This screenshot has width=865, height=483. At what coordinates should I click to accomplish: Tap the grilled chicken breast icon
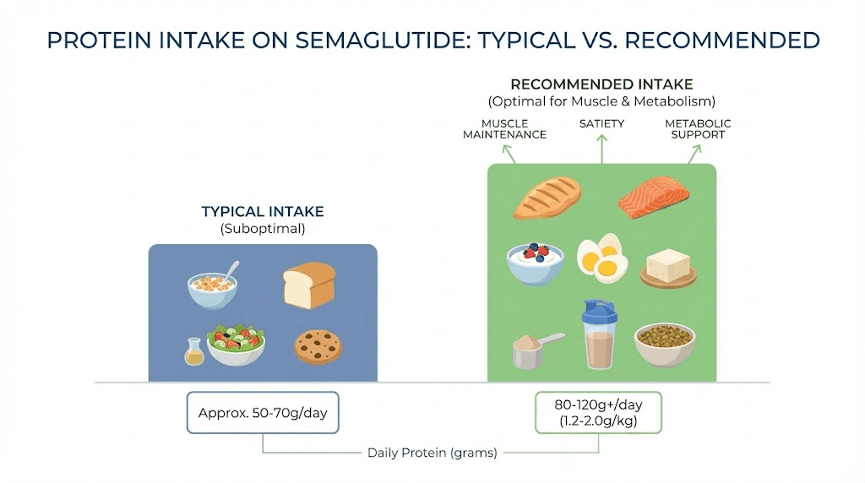pos(547,198)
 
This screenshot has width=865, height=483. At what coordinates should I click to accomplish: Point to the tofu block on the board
pos(668,268)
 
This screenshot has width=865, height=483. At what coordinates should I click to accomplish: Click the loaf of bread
pos(308,285)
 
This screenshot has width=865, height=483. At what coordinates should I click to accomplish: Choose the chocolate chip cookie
pos(318,346)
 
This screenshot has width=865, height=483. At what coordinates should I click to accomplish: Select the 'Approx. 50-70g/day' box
pos(262,413)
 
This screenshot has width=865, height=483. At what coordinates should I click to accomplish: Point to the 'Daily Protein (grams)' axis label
pos(432,453)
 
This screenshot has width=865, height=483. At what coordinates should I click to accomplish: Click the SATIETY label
pos(601,124)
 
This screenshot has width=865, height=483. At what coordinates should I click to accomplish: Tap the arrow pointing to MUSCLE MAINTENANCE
pos(509,153)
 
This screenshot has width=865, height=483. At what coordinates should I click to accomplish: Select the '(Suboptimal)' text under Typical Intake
pos(262,228)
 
